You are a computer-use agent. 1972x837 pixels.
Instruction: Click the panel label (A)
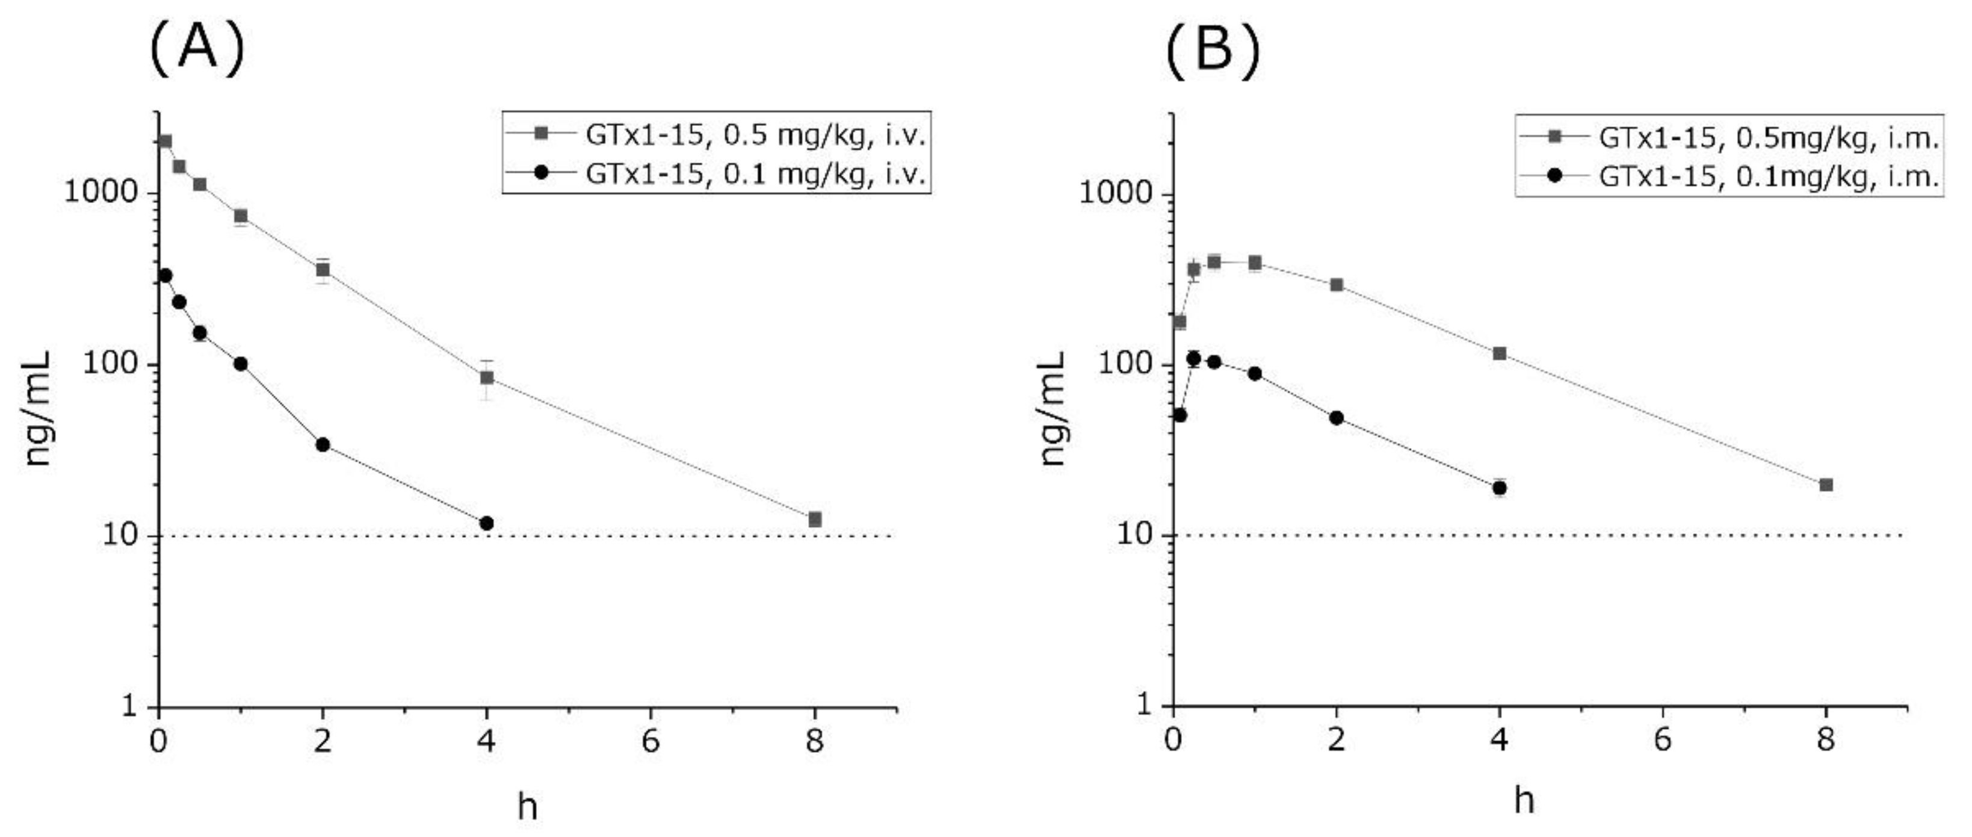tap(197, 48)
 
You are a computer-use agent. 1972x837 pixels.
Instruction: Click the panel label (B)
tap(1213, 48)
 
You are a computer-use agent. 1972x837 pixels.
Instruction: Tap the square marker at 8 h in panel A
tap(815, 519)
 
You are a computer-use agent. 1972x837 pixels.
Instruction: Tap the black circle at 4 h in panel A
tap(486, 523)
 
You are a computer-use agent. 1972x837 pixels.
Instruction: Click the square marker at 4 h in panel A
tap(486, 378)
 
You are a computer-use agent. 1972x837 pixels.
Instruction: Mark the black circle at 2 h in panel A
tap(323, 445)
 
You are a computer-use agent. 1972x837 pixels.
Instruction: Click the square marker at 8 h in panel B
tap(1826, 485)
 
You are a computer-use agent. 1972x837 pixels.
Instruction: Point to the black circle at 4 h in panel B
tap(1500, 488)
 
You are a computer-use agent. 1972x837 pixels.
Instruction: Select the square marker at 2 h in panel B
tap(1337, 285)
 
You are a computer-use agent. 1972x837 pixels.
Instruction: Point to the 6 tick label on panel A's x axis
tap(650, 741)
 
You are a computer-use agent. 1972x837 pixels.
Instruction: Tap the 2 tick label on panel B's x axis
tap(1337, 741)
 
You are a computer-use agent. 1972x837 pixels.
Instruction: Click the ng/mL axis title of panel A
tap(37, 409)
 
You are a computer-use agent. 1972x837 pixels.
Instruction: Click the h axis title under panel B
tap(1524, 800)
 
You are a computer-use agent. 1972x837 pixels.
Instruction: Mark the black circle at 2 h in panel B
tap(1337, 418)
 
